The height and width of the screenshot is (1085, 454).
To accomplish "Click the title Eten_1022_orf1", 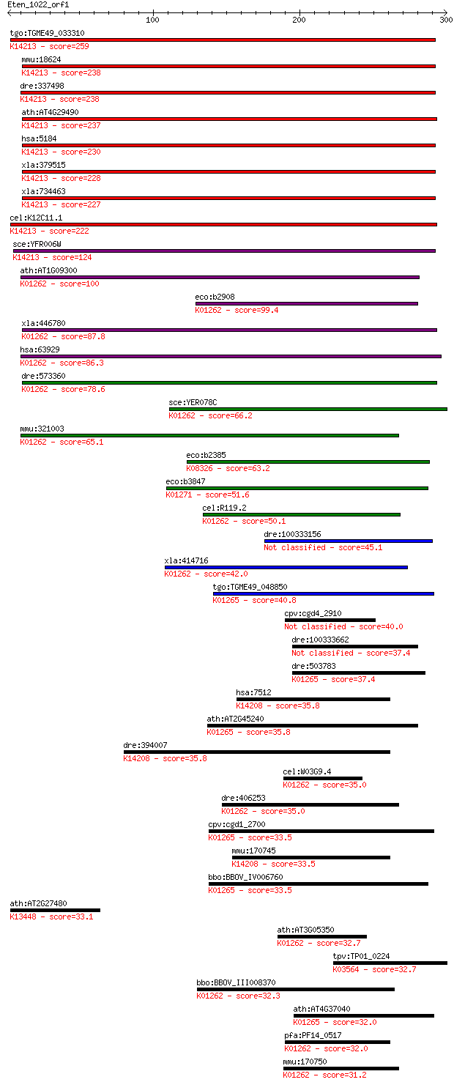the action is (x=38, y=5).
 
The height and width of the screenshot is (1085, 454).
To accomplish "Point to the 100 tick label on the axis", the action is (x=152, y=20).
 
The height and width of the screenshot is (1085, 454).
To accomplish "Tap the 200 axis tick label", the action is (x=299, y=20).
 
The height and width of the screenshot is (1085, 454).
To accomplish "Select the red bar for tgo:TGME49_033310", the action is (x=223, y=40).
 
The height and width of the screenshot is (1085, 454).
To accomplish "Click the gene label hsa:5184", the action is (x=39, y=138).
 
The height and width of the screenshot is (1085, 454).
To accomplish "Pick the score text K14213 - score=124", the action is (x=52, y=257).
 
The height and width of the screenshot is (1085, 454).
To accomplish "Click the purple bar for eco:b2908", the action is (x=306, y=304).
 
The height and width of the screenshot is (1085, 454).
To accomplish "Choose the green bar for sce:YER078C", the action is (x=308, y=410).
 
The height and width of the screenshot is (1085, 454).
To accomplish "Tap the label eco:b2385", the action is (x=206, y=455).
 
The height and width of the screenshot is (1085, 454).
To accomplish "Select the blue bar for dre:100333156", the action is (x=348, y=541).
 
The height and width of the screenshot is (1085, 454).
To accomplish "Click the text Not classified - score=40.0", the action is (x=343, y=627).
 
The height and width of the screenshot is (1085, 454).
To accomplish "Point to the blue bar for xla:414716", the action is (x=286, y=567).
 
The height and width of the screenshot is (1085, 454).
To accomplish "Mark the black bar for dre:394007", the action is (x=256, y=752).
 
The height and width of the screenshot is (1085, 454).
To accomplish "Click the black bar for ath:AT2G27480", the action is (x=55, y=910).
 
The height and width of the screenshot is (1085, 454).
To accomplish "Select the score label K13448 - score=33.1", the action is (x=51, y=917).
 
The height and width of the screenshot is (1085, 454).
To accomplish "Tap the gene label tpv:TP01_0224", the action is (x=361, y=956).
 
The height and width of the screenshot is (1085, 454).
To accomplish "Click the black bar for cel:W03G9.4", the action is (x=322, y=778).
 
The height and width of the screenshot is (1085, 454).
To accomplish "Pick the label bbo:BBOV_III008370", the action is (x=236, y=982).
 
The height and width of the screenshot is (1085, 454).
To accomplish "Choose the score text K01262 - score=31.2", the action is (x=325, y=1075).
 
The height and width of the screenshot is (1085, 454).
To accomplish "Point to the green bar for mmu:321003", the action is (x=209, y=435).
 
